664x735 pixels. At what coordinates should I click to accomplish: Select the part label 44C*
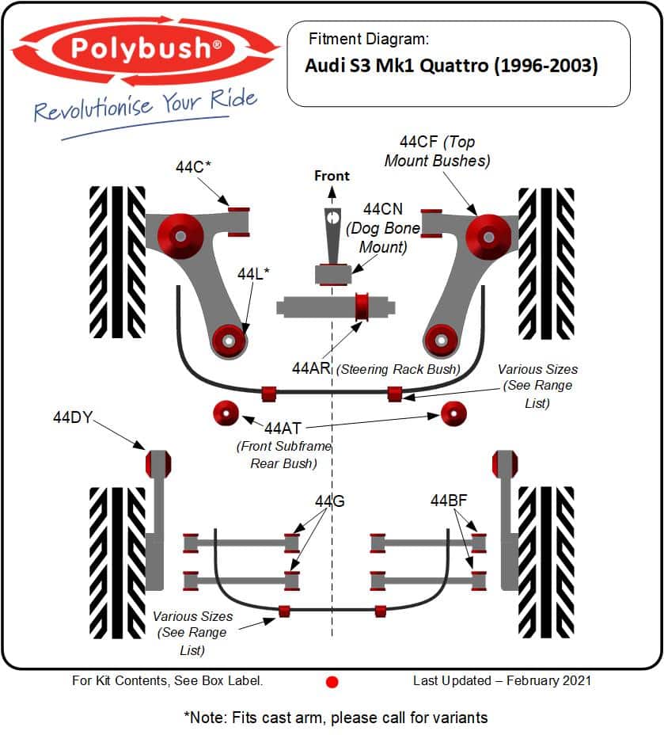pyautogui.click(x=193, y=167)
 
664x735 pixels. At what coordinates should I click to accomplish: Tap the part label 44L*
pyautogui.click(x=253, y=274)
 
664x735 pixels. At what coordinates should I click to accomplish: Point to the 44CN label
pyautogui.click(x=383, y=209)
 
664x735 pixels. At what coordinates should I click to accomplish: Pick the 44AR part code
pyautogui.click(x=312, y=368)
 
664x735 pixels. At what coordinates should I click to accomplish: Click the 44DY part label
pyautogui.click(x=73, y=417)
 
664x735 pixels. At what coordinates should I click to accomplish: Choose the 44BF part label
pyautogui.click(x=449, y=501)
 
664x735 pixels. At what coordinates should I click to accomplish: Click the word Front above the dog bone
pyautogui.click(x=332, y=176)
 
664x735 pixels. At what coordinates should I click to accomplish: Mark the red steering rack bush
pyautogui.click(x=363, y=307)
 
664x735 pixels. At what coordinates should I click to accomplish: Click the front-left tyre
pyautogui.click(x=117, y=261)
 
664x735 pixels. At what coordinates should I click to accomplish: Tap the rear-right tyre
pyautogui.click(x=546, y=562)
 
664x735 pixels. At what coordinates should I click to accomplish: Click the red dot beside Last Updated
pyautogui.click(x=332, y=681)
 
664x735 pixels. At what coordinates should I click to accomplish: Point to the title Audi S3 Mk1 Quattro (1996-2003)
pyautogui.click(x=451, y=66)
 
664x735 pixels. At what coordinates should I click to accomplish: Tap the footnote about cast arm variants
pyautogui.click(x=336, y=718)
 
